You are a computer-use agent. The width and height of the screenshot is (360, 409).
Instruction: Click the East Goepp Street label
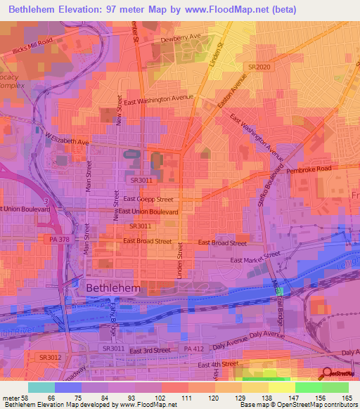coord(146,200)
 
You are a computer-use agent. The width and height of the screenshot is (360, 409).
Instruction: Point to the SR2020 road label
coord(259,67)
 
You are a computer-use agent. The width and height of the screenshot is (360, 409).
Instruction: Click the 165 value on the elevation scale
coord(347,398)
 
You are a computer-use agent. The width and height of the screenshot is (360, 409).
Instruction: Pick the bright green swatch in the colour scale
coord(309,387)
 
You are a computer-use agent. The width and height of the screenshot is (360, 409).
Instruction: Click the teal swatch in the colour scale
coord(41,387)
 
